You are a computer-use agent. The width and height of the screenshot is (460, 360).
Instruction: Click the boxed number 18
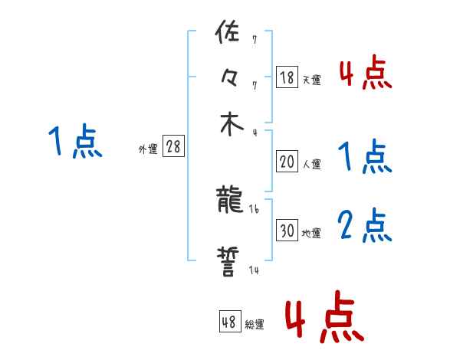click(x=287, y=77)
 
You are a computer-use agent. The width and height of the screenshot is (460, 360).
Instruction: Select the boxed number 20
click(x=287, y=162)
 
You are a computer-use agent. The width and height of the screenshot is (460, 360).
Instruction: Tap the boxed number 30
click(x=287, y=231)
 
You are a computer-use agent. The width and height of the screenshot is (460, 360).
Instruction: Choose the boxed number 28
click(x=173, y=147)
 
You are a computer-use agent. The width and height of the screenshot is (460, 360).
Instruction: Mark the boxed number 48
click(x=229, y=322)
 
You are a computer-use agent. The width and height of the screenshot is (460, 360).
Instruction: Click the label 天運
click(x=311, y=80)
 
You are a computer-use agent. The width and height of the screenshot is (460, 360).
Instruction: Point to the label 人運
click(x=311, y=164)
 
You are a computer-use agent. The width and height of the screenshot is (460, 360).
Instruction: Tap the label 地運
click(x=311, y=233)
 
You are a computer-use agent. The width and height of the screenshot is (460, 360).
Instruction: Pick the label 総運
click(x=255, y=325)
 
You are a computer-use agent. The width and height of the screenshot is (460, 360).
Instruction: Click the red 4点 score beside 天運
click(x=365, y=74)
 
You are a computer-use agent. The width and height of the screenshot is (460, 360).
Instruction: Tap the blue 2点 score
click(x=365, y=226)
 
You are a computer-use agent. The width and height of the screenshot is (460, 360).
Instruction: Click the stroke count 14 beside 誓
click(x=253, y=270)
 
